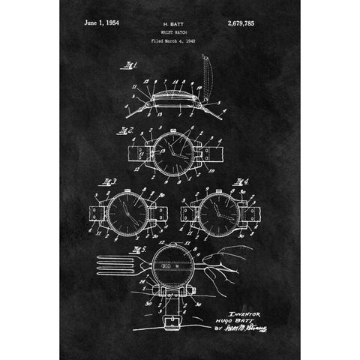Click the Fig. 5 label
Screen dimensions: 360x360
(136, 247)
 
